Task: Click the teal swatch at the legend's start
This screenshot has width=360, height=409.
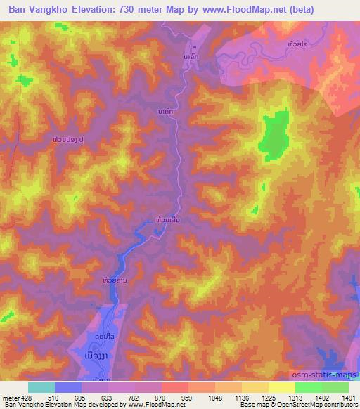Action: pos(41,387)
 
